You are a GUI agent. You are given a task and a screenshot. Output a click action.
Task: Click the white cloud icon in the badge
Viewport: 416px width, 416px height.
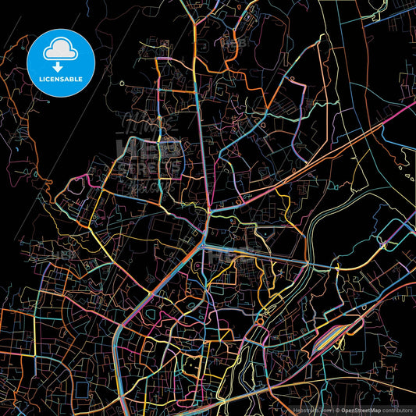tap(61, 48)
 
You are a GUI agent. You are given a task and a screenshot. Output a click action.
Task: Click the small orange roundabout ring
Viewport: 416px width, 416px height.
tap(258, 322)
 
